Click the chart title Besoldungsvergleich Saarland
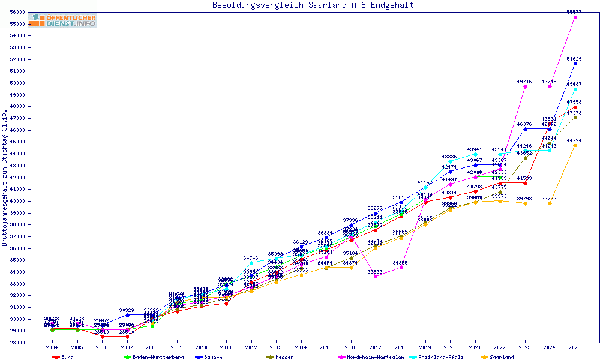click(x=313, y=5)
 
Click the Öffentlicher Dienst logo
click(x=63, y=20)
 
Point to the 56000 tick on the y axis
click(x=17, y=12)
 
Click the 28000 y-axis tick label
click(x=17, y=343)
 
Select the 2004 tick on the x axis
click(x=53, y=348)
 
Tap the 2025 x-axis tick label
click(x=575, y=348)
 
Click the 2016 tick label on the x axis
click(x=351, y=348)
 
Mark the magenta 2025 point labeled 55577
click(x=575, y=17)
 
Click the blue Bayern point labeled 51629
click(x=575, y=64)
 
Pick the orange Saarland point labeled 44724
click(x=575, y=145)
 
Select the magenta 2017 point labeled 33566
click(x=376, y=277)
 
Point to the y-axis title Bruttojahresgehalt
click(x=5, y=178)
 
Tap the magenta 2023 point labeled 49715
click(x=525, y=86)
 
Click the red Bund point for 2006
click(x=102, y=337)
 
